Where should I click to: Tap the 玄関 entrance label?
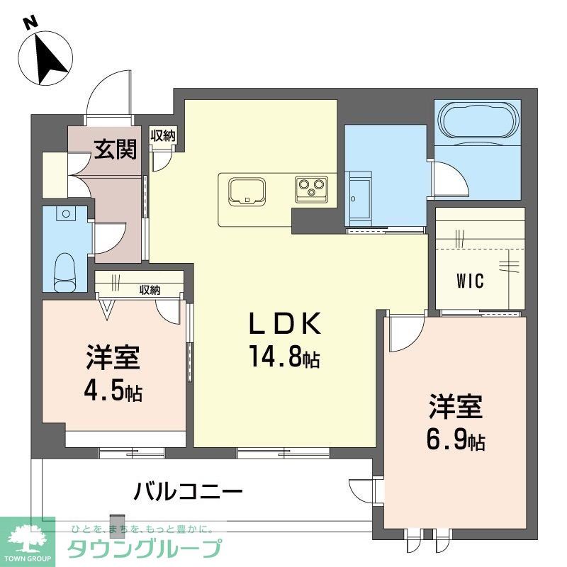pyautogui.click(x=116, y=149)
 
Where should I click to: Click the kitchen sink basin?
pyautogui.click(x=247, y=191)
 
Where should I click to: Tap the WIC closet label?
pyautogui.click(x=470, y=281)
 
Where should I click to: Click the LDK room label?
pyautogui.click(x=286, y=324)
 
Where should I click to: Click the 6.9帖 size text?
pyautogui.click(x=456, y=439)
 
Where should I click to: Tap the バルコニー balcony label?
pyautogui.click(x=189, y=491)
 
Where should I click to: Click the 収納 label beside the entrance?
pyautogui.click(x=163, y=135)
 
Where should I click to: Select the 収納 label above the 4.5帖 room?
pyautogui.click(x=150, y=290)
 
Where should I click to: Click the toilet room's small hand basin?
pyautogui.click(x=66, y=213)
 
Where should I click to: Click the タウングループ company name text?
pyautogui.click(x=144, y=547)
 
